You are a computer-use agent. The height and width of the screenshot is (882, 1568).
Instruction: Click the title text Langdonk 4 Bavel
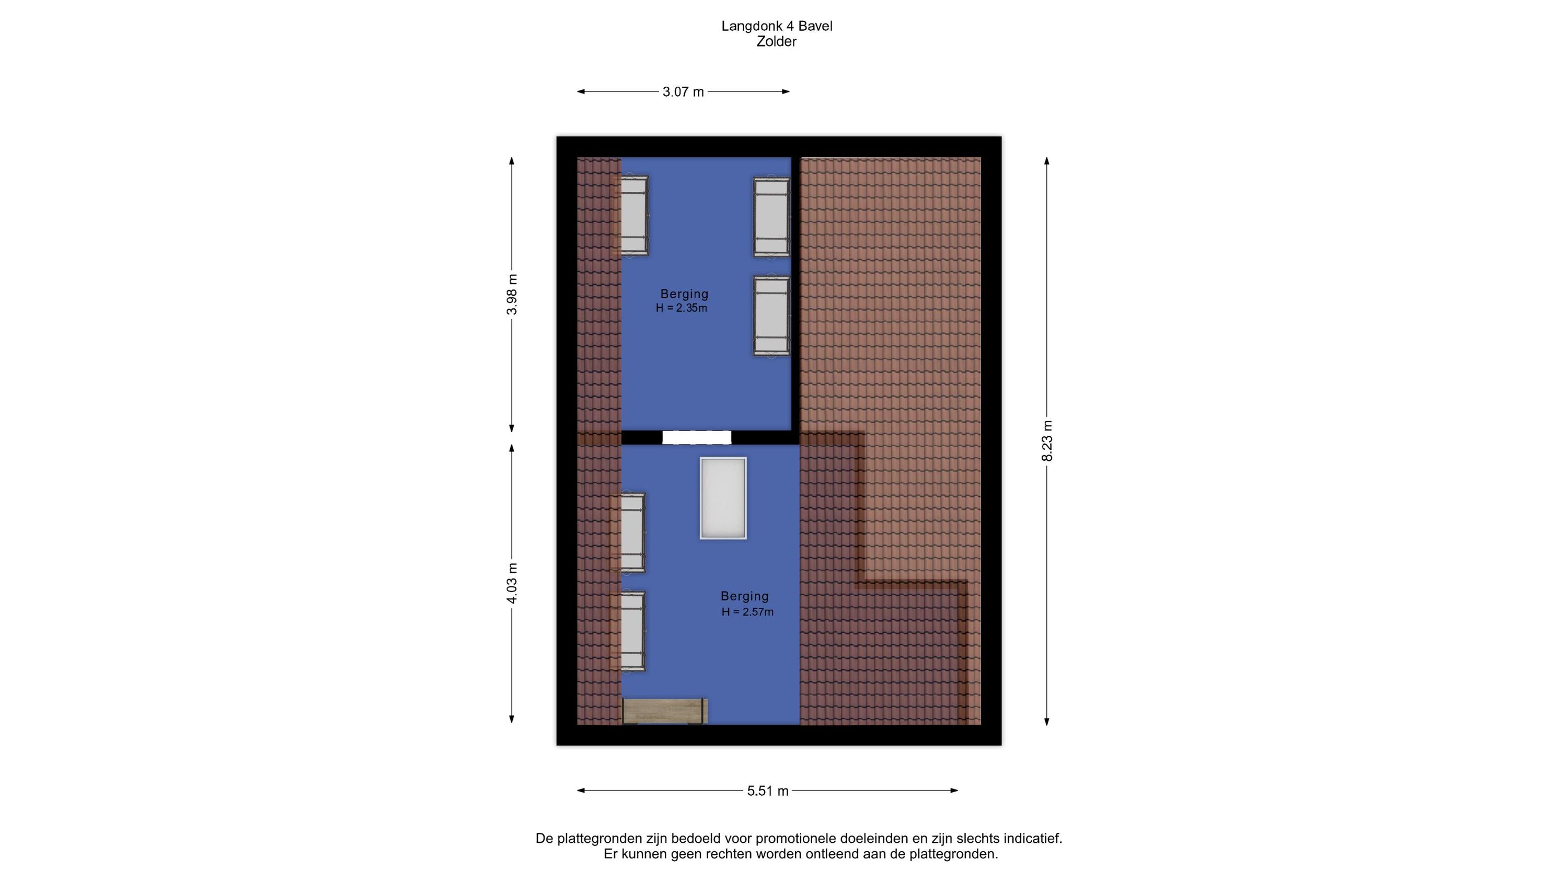click(777, 26)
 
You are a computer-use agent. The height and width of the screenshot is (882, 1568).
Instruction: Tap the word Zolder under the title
click(776, 42)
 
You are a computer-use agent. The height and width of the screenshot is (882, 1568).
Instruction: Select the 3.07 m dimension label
click(683, 92)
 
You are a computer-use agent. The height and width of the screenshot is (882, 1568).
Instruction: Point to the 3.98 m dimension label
click(513, 294)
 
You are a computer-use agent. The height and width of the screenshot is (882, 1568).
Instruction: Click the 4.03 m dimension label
click(513, 583)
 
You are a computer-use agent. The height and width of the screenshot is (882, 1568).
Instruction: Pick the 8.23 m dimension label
click(1047, 440)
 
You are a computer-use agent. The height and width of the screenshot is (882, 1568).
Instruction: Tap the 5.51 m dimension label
click(768, 791)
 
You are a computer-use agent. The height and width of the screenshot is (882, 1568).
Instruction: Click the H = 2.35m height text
click(681, 308)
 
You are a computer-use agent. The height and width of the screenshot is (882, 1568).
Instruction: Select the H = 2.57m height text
click(747, 612)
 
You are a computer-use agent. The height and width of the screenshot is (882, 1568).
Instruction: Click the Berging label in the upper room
click(684, 294)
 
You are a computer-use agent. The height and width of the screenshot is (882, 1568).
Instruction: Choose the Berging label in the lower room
click(744, 597)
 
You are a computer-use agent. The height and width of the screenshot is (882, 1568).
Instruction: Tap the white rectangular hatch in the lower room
click(723, 498)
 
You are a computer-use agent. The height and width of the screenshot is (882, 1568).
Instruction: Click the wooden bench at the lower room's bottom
click(665, 711)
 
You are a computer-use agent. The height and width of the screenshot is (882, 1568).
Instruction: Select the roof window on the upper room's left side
click(633, 215)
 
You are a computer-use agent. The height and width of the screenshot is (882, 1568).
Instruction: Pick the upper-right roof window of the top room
click(771, 217)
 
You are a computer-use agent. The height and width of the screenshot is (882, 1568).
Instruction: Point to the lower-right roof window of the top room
click(771, 315)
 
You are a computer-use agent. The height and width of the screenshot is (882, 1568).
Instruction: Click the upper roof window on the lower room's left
click(632, 532)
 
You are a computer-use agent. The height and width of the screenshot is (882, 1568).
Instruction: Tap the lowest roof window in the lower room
click(632, 631)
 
